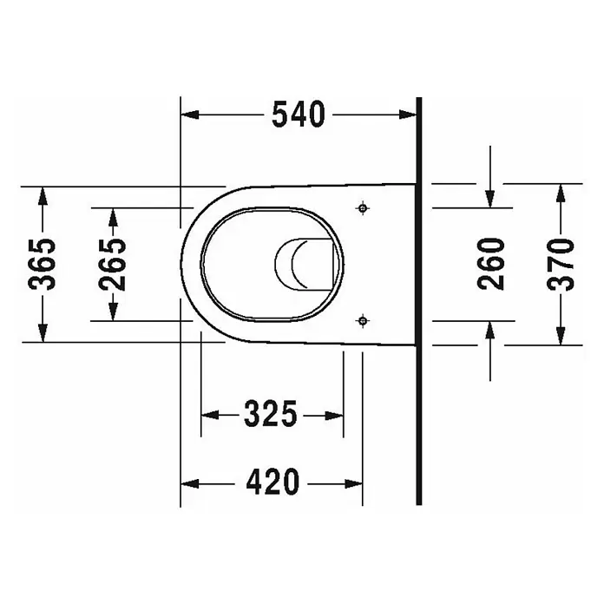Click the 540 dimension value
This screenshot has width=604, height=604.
pyautogui.click(x=299, y=115)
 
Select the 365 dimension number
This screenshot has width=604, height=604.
pyautogui.click(x=42, y=264)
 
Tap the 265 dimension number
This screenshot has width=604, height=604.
pyautogui.click(x=112, y=264)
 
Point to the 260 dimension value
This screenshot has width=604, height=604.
pyautogui.click(x=490, y=264)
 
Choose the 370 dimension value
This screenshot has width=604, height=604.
pyautogui.click(x=561, y=264)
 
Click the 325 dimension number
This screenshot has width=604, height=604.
pyautogui.click(x=271, y=414)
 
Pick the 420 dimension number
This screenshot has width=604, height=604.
pyautogui.click(x=272, y=482)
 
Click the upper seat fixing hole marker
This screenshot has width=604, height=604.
pyautogui.click(x=363, y=208)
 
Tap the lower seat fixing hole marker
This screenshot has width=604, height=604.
pyautogui.click(x=363, y=320)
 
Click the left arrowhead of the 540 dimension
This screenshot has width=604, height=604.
pyautogui.click(x=190, y=115)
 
